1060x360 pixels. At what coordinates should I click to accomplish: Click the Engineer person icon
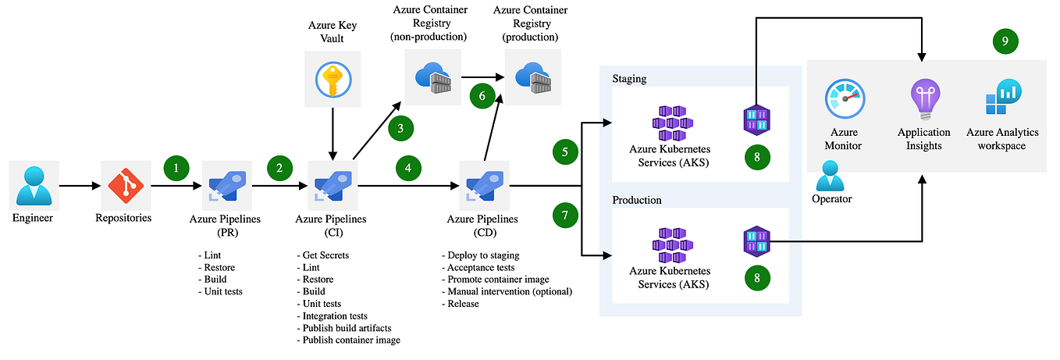point(33,186)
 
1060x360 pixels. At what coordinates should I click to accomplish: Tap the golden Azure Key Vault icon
point(333,79)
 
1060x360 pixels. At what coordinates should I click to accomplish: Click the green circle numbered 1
point(176,166)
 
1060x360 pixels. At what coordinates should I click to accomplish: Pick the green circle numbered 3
point(400,127)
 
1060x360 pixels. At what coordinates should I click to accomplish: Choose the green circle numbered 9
point(1005,41)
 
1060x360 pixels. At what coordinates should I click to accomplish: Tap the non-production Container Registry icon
point(432,76)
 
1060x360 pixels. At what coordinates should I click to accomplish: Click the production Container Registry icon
point(533,76)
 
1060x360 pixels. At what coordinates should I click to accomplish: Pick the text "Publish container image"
point(348,340)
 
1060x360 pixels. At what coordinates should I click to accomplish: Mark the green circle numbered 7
point(566,216)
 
